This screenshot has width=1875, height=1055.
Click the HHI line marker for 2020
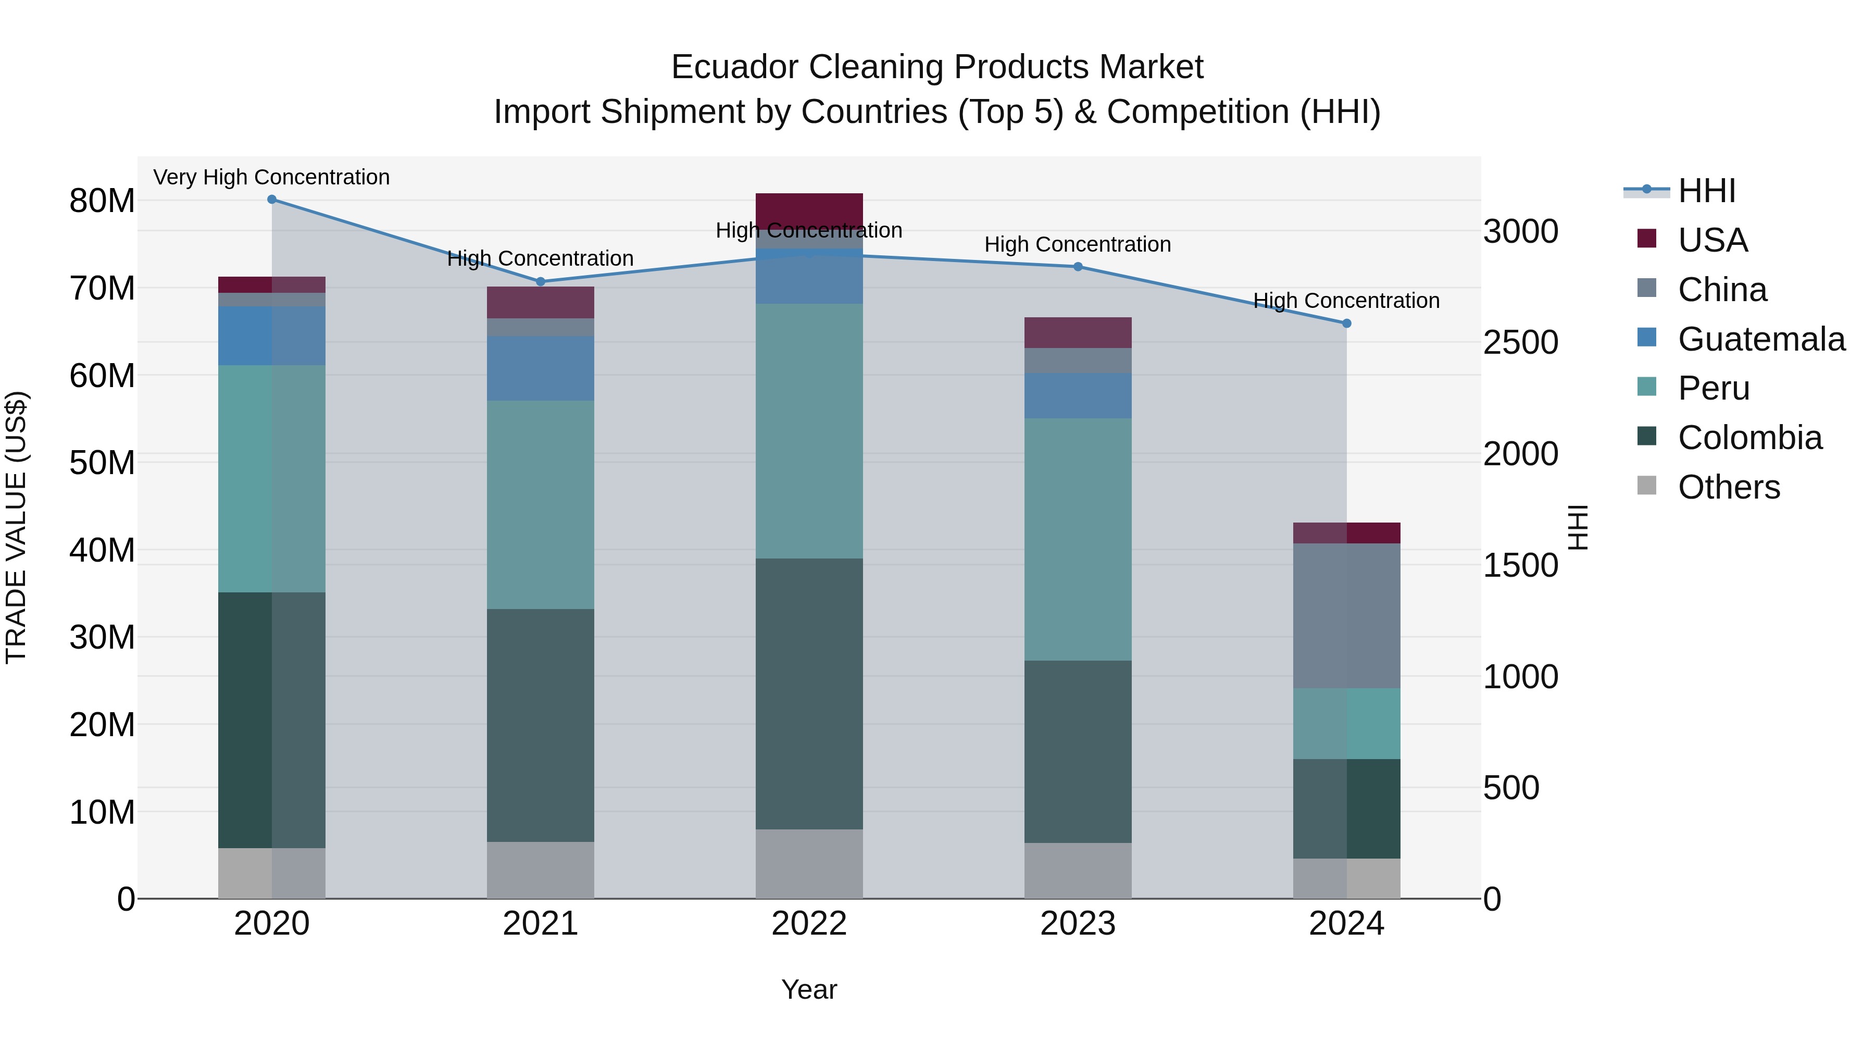click(x=271, y=200)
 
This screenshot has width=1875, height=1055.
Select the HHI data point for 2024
click(x=1346, y=323)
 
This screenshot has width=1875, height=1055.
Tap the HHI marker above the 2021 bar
click(x=540, y=282)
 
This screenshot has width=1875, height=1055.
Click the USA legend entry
click(x=1712, y=240)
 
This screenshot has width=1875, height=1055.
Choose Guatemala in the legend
click(x=1761, y=339)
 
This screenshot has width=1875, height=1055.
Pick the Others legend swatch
click(x=1646, y=486)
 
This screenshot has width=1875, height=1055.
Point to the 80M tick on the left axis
click(x=102, y=201)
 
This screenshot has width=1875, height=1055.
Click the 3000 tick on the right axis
click(x=1520, y=231)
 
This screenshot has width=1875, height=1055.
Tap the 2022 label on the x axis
click(x=809, y=924)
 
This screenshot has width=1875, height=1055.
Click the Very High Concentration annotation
click(x=271, y=177)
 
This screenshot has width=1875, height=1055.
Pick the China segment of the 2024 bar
click(x=1346, y=615)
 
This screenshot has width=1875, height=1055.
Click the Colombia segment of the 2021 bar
click(x=540, y=725)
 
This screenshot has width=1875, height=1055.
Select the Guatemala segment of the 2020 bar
click(x=271, y=335)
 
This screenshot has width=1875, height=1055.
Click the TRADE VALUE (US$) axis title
click(x=16, y=527)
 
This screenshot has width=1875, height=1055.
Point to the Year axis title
click(x=809, y=989)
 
